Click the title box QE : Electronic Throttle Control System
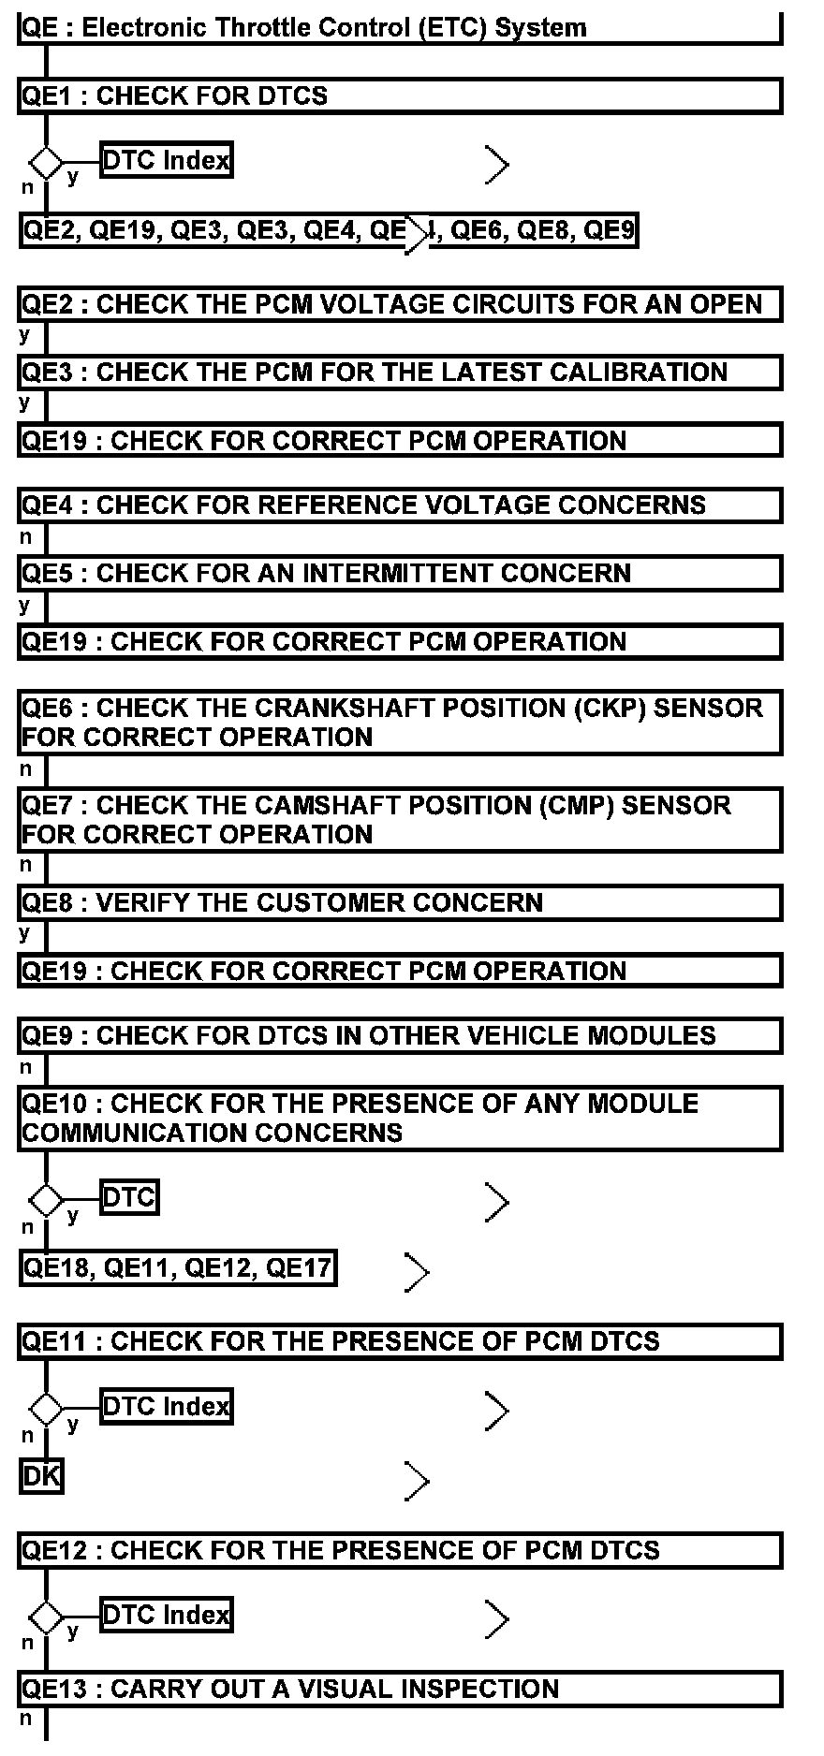coord(399,28)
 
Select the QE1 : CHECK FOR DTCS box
coord(399,96)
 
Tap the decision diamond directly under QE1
coord(46,163)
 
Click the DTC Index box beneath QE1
coord(166,161)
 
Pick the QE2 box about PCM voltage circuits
coord(399,305)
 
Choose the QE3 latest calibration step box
coord(399,373)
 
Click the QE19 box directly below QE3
coord(399,441)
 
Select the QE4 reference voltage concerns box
coord(399,505)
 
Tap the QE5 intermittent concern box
coord(399,574)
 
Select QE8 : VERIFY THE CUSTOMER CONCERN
coord(399,903)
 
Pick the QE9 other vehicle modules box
coord(399,1036)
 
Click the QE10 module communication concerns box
coord(399,1119)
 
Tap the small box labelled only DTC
coord(129,1197)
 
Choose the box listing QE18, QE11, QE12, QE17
coord(178,1268)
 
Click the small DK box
coord(41,1477)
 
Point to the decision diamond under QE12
coord(46,1617)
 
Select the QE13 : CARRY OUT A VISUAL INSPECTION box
coord(399,1690)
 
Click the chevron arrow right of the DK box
coord(417,1481)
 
